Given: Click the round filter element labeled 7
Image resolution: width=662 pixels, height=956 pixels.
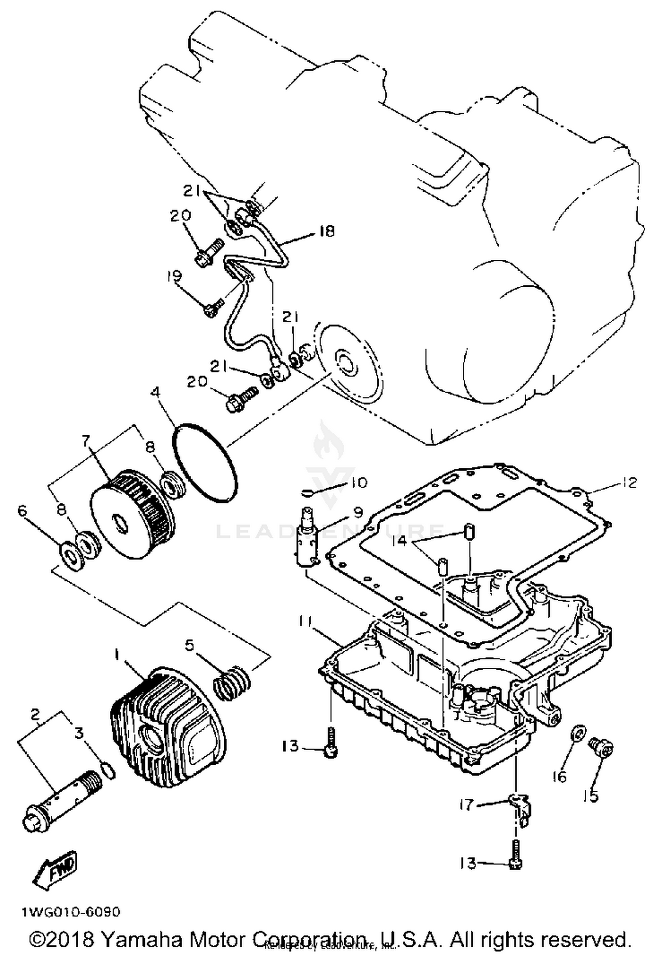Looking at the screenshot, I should coord(132,515).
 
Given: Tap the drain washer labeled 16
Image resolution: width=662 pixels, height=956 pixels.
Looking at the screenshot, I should coord(579,733).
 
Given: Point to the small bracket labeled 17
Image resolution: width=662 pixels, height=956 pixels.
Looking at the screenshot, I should coord(519,807).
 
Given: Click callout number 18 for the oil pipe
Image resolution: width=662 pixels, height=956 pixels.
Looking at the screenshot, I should coord(327,231).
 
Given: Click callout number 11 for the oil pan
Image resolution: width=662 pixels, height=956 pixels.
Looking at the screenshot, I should coord(304,622).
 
